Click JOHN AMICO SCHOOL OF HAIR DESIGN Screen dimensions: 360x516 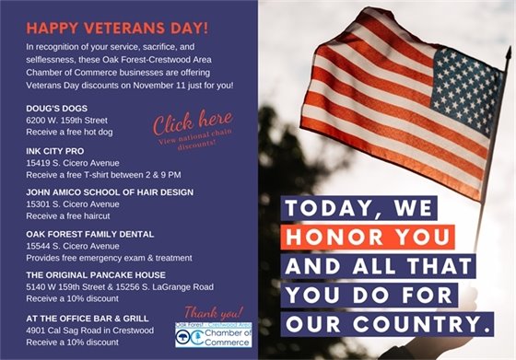click(110, 192)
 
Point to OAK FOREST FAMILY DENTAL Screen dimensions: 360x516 click(85, 233)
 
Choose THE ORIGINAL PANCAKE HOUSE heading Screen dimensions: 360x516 click(96, 274)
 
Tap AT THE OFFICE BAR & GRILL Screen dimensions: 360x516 click(86, 316)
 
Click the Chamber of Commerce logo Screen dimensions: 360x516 click(214, 337)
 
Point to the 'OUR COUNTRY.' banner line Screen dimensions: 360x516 click(387, 323)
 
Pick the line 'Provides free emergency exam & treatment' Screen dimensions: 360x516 click(114, 258)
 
